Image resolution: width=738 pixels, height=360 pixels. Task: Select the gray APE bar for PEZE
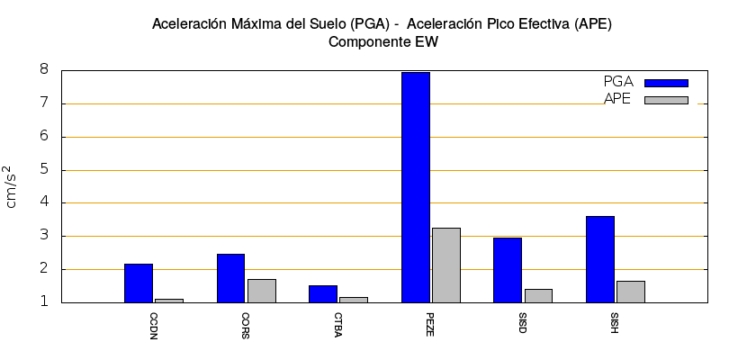(446, 265)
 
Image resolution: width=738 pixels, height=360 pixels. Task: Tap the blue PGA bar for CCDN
(139, 283)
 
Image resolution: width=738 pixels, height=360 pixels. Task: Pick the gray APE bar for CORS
(262, 291)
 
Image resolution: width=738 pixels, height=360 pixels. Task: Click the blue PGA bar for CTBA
(323, 293)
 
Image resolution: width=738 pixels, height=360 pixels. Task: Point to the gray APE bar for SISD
(538, 295)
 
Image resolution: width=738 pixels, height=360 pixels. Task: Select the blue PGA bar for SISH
(600, 259)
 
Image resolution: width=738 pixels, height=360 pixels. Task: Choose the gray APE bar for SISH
(631, 292)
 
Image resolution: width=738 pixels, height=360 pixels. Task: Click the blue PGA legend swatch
(666, 83)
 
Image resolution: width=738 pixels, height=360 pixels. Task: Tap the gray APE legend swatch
(666, 100)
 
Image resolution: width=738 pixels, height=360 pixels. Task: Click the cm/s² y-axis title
(12, 187)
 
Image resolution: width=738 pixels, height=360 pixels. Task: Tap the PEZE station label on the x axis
(430, 325)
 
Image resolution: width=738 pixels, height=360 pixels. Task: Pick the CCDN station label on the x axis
(153, 325)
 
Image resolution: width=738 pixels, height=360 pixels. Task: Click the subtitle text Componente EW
(382, 41)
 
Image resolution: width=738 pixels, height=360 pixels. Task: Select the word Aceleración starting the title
(191, 24)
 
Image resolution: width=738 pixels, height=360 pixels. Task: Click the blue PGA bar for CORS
(231, 278)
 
